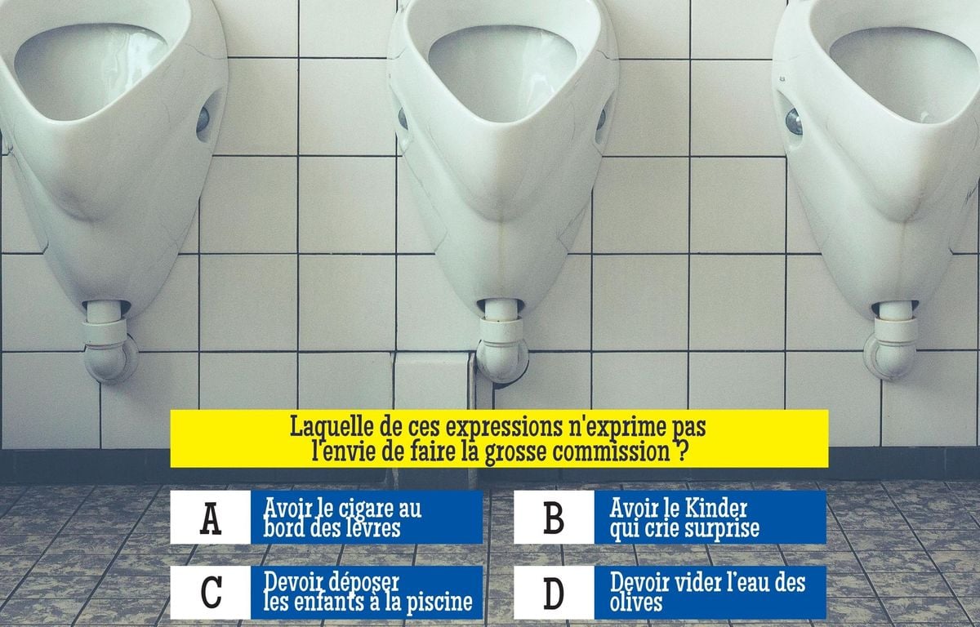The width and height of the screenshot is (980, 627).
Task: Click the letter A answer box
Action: tap(210, 518)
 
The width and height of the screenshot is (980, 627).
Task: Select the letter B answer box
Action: tap(554, 518)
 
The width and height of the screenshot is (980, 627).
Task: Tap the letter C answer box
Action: tap(210, 593)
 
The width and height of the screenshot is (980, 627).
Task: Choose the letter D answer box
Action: tap(554, 593)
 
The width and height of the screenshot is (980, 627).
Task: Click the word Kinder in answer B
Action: tap(715, 508)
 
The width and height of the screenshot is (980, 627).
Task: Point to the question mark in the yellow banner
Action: tap(679, 451)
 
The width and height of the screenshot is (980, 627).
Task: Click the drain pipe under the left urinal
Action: tap(109, 341)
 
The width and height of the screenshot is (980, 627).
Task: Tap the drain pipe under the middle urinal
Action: tap(501, 341)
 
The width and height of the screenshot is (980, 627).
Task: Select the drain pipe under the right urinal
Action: tap(891, 341)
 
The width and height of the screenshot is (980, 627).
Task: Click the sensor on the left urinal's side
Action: tap(203, 120)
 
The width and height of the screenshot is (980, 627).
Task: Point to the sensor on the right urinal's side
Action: tap(794, 122)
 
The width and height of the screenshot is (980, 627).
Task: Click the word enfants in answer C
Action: tap(323, 602)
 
